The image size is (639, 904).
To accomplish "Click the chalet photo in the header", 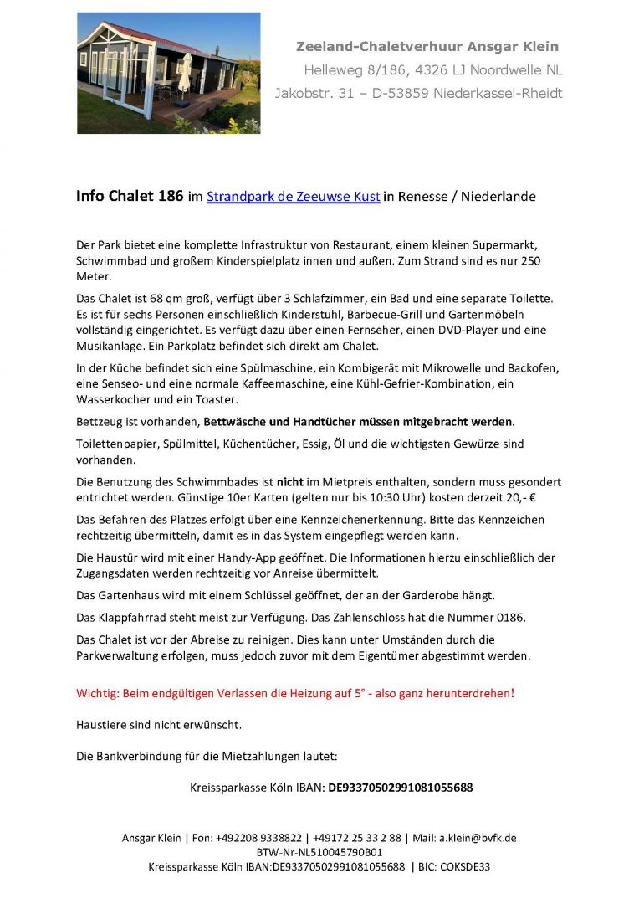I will [168, 73].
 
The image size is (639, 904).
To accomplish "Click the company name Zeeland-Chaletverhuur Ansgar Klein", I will [427, 46].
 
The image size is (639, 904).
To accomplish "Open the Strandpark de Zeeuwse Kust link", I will [294, 197].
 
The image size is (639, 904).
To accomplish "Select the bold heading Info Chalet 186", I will [130, 197].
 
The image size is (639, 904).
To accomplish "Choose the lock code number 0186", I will [507, 617].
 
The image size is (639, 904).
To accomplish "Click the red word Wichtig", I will [97, 694].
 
